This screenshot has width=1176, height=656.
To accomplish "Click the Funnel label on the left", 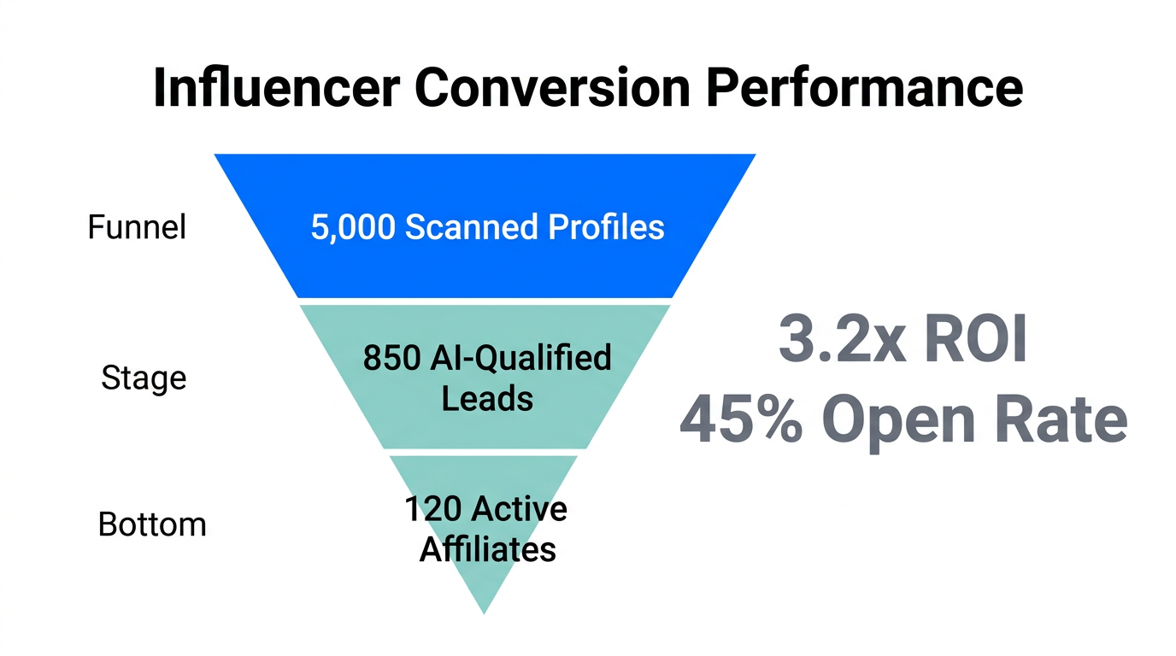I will click(x=137, y=228).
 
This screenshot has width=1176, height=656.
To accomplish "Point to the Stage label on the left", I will click(x=144, y=377).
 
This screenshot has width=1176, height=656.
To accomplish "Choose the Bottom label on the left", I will click(x=152, y=524).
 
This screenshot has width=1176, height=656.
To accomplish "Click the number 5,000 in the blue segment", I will click(x=352, y=228).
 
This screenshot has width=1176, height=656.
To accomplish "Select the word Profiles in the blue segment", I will click(x=606, y=228).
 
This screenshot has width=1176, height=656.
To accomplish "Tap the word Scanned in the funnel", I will click(x=473, y=228).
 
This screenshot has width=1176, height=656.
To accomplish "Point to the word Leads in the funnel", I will click(x=487, y=398).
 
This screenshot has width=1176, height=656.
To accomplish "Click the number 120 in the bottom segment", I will click(x=433, y=509).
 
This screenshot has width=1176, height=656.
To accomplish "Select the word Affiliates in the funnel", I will click(x=487, y=548).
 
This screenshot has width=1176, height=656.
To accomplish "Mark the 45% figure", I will click(x=740, y=420).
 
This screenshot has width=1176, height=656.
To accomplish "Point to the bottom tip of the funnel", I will click(x=485, y=610).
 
